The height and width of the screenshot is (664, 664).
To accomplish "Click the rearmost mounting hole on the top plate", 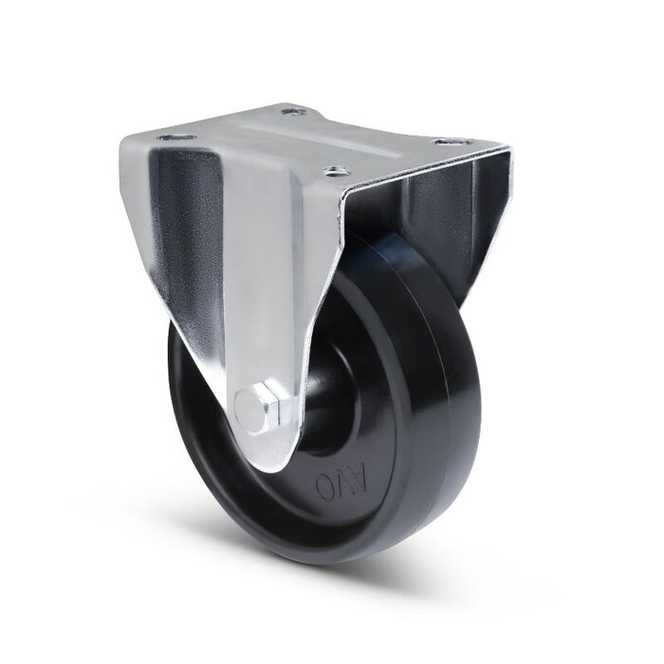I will click(x=293, y=112).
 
